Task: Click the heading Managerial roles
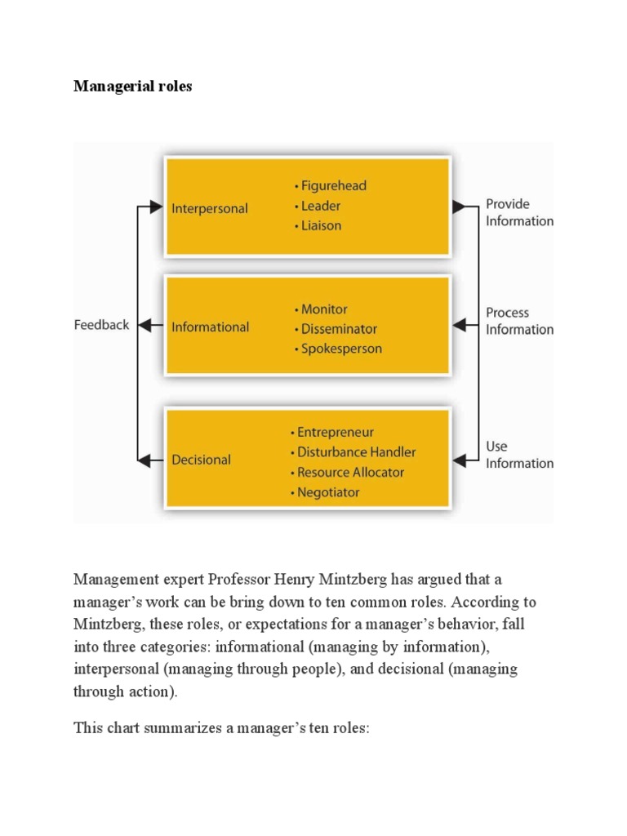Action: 132,86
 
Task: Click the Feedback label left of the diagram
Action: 101,325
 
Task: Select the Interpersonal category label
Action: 210,208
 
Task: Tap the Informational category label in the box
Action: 210,327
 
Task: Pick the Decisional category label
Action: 201,460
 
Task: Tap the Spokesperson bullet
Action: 337,349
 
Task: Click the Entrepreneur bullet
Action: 332,432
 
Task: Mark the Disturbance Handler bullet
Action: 353,451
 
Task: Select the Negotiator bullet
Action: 325,492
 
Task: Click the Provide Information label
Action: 519,212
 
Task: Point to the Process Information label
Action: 519,321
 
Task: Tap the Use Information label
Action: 519,455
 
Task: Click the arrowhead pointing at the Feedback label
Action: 145,325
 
